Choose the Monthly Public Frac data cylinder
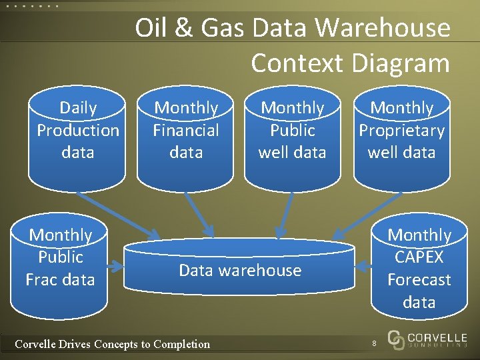coord(60,263)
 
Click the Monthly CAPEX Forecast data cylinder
coord(419,267)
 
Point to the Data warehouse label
coord(240,270)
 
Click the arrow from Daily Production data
coord(118,215)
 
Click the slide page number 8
coord(375,343)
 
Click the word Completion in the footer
coord(181,344)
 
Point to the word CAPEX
coord(419,257)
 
